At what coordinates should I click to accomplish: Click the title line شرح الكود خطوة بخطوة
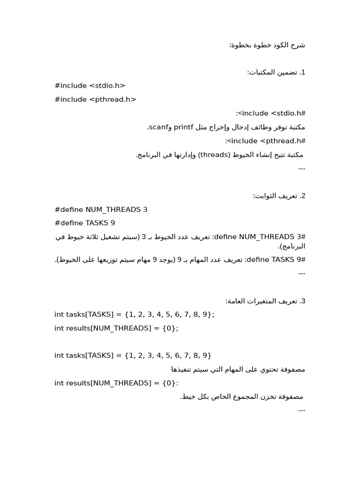(267, 45)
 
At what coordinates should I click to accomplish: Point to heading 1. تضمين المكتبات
(277, 72)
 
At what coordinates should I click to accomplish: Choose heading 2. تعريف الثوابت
(279, 196)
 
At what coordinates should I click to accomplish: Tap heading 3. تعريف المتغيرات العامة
(265, 301)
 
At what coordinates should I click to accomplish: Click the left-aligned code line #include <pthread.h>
(95, 99)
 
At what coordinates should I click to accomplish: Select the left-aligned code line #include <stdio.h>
(90, 86)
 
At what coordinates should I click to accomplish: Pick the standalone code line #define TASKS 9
(84, 223)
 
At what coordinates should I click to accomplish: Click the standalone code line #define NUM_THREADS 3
(101, 210)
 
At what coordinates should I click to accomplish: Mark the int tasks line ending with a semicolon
(134, 315)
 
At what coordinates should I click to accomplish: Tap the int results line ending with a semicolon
(116, 328)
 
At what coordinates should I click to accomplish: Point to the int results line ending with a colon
(116, 383)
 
